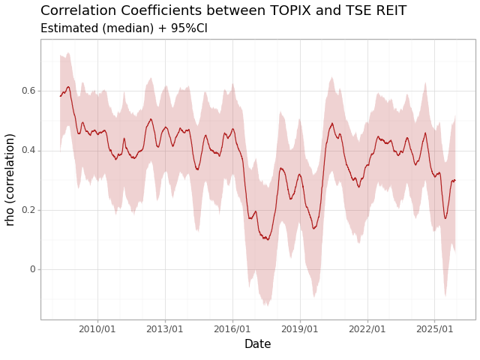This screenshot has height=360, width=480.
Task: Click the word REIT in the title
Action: click(x=389, y=11)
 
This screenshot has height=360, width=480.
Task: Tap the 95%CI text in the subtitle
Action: click(x=187, y=28)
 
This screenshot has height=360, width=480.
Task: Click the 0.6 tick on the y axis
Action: click(x=28, y=91)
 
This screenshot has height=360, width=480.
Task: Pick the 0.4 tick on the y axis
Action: click(x=28, y=150)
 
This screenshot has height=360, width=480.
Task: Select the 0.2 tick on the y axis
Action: click(x=28, y=210)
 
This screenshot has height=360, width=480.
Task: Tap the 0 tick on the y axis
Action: click(x=32, y=269)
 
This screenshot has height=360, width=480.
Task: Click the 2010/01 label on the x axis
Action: click(x=97, y=329)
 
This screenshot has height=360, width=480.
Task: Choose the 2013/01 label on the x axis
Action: click(x=165, y=329)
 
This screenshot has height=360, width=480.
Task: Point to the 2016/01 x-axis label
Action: click(x=232, y=329)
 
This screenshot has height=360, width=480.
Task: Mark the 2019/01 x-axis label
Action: click(x=300, y=329)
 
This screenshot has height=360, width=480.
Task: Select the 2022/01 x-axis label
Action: click(x=367, y=329)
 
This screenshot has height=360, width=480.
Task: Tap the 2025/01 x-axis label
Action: click(x=435, y=329)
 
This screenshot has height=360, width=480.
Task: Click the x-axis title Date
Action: click(x=257, y=344)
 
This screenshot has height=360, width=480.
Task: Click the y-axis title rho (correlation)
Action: click(x=10, y=179)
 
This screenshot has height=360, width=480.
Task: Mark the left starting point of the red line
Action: click(x=60, y=96)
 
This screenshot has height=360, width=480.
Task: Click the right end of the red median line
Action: click(x=455, y=180)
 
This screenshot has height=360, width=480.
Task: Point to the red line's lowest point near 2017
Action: click(x=268, y=239)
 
